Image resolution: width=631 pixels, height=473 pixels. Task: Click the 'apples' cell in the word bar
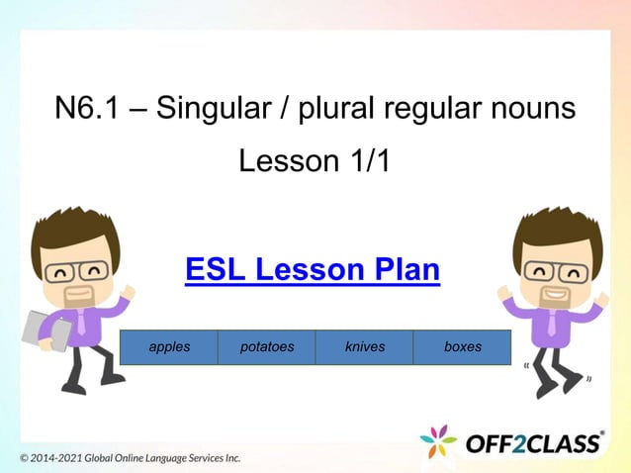169,347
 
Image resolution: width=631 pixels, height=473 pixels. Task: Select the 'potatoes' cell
267,347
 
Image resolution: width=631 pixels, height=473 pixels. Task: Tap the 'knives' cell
365,347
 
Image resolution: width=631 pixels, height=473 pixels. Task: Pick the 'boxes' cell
463,347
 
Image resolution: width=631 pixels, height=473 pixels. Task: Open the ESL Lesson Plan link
313,269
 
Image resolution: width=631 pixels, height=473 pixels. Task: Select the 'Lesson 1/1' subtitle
315,160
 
